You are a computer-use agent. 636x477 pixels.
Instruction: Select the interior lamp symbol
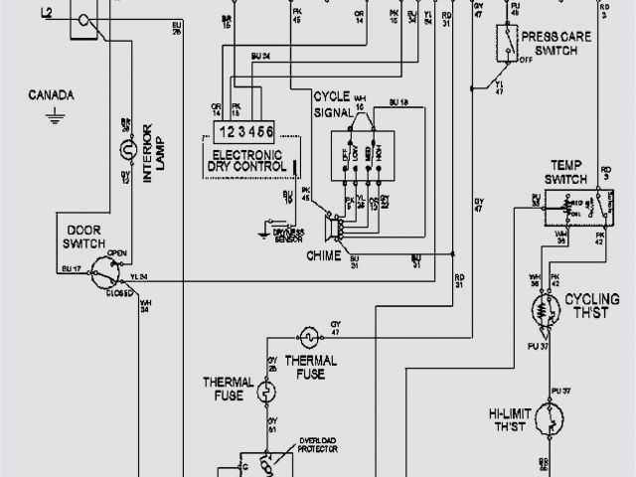(126, 151)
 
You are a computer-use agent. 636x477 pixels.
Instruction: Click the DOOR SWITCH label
(86, 235)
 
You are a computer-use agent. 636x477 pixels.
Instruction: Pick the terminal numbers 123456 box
(245, 132)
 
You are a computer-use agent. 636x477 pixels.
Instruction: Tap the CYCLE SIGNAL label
(336, 105)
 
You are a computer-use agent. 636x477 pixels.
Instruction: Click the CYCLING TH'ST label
(592, 304)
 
